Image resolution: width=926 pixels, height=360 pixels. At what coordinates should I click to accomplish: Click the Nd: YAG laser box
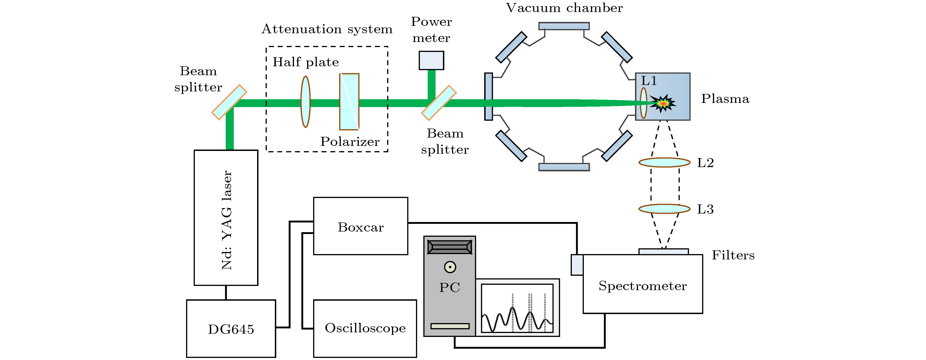226,218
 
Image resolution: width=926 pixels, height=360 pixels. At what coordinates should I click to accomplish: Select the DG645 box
231,328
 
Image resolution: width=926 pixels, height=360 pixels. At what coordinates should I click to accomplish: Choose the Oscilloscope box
365,328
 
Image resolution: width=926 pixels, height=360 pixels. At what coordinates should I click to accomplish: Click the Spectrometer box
642,284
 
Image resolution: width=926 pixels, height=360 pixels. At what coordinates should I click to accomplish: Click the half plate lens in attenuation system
305,102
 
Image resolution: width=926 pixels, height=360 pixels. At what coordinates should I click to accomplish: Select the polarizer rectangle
349,102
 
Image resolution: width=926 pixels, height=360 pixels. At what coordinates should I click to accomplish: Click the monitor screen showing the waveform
517,308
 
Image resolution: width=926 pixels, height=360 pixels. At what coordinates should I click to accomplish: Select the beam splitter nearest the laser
229,102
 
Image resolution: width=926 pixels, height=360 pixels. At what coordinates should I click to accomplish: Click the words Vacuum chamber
564,8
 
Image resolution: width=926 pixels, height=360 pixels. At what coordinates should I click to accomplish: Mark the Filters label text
733,255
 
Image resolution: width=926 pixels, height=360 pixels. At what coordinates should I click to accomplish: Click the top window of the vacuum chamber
564,26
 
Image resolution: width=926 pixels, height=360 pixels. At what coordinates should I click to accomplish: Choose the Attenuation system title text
327,29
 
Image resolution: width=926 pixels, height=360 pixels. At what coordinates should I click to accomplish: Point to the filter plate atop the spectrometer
663,251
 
